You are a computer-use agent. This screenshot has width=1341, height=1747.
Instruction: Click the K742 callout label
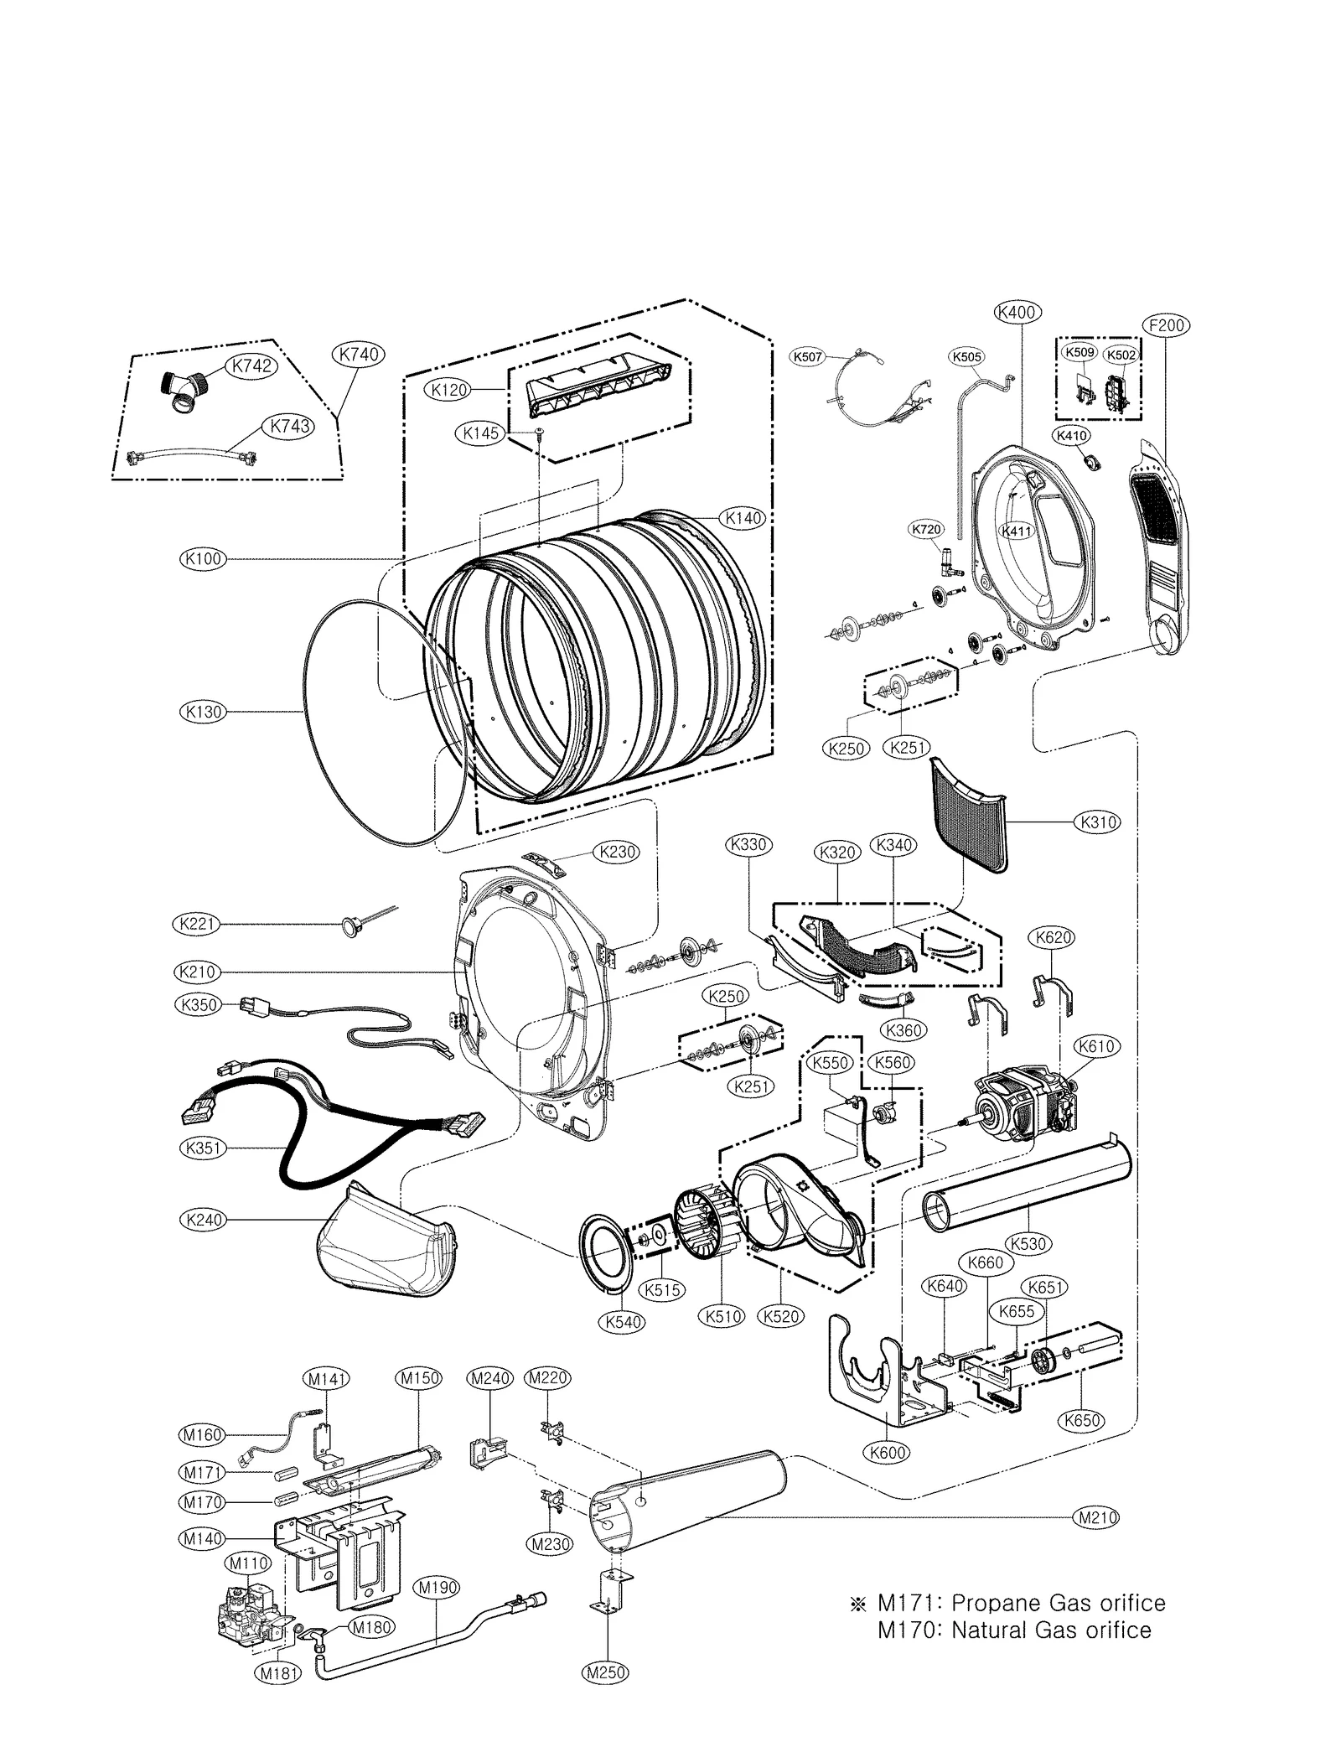click(x=251, y=365)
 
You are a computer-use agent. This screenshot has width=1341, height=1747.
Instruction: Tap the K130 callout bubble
click(x=204, y=712)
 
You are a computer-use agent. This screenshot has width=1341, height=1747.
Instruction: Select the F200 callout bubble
click(x=1167, y=325)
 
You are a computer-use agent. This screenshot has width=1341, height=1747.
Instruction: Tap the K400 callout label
click(x=1017, y=313)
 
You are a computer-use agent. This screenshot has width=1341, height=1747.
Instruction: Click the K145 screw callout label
click(x=481, y=433)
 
